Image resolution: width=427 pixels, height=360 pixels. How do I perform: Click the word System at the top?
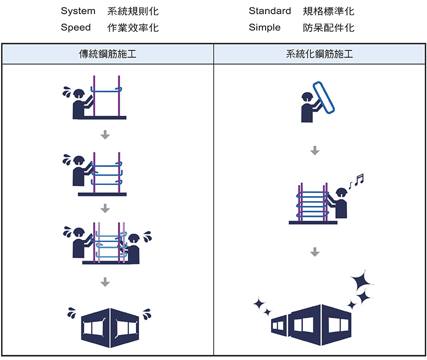point(78,11)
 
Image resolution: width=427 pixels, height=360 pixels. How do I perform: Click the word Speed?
point(76,28)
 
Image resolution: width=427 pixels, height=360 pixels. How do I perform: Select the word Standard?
point(270,11)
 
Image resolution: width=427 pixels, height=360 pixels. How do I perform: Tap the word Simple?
point(265,28)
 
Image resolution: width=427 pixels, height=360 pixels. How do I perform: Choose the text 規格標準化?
point(329,11)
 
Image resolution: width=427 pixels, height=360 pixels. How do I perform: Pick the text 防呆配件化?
point(329,28)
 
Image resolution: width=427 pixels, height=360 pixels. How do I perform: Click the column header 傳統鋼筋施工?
point(107,54)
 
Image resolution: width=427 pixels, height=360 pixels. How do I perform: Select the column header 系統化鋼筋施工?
point(320,54)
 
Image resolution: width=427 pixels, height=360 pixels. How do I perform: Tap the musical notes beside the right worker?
point(356,181)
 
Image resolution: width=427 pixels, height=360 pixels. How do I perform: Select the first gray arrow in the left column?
point(105,135)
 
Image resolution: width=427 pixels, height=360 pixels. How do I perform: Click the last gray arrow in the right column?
point(314,252)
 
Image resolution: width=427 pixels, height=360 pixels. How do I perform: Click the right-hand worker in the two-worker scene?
point(133,247)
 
